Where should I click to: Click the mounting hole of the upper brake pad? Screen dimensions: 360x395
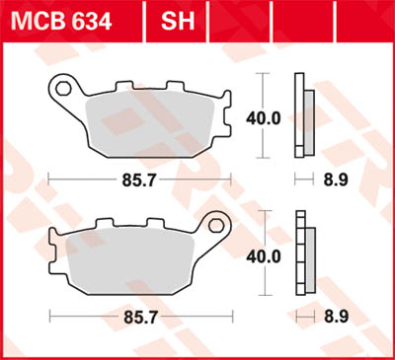pos(64,90)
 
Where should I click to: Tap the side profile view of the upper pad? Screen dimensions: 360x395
pos(305,116)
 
